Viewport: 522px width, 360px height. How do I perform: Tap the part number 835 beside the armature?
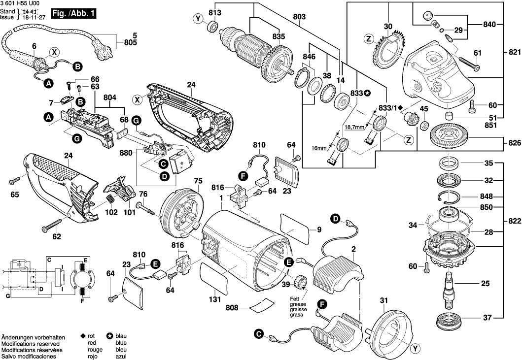pyautogui.click(x=278, y=36)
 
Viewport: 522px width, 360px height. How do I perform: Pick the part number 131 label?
pyautogui.click(x=215, y=298)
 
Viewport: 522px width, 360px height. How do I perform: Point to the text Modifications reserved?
pyautogui.click(x=31, y=343)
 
